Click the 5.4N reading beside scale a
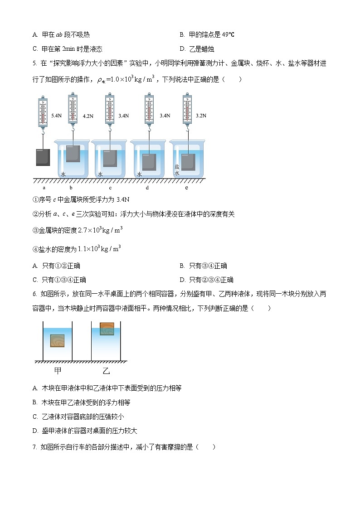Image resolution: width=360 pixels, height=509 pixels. point(57,116)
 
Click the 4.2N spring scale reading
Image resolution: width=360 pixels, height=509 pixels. point(88,116)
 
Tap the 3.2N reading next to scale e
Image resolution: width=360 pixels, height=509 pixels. point(201,116)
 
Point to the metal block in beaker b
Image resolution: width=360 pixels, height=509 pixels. point(73,154)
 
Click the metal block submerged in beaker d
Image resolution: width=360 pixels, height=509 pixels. point(149,162)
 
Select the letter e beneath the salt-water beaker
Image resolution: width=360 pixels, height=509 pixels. point(187,187)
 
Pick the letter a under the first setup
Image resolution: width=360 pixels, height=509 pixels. point(44,187)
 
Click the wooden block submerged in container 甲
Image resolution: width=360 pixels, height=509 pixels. point(58,340)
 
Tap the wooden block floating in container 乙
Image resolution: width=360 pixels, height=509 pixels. point(107,329)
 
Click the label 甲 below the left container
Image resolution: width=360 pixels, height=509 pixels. point(58,371)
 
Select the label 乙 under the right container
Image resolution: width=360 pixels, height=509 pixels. point(107,371)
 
